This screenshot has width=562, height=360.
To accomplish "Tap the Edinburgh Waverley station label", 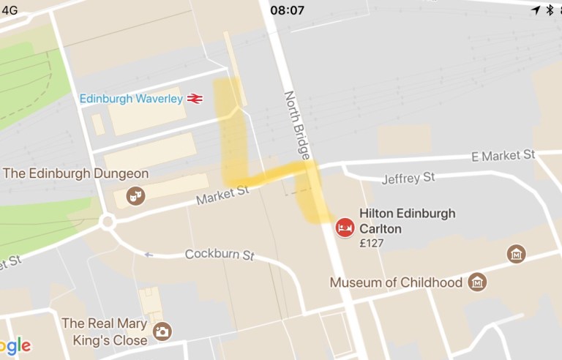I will (x=131, y=99).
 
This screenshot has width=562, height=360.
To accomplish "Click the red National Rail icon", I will (x=195, y=99).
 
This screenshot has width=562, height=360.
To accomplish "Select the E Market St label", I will (x=503, y=155).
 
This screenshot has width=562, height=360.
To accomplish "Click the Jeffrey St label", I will (x=408, y=178).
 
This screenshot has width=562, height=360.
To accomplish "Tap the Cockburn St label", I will (x=219, y=255).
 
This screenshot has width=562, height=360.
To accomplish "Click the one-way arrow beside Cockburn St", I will (x=149, y=255).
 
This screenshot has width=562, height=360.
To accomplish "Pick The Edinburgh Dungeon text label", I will (x=76, y=174).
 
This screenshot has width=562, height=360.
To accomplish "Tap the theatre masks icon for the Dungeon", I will (x=135, y=195).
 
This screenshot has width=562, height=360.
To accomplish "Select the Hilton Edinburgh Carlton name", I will (x=407, y=221).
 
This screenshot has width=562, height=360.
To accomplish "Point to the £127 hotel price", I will (x=372, y=244).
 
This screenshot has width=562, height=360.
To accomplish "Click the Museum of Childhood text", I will (x=396, y=282).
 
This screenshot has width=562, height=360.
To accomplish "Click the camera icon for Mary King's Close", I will (x=161, y=332).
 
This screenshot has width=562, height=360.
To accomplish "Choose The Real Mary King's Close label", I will (x=104, y=331).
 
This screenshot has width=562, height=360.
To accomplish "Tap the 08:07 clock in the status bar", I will (x=287, y=10).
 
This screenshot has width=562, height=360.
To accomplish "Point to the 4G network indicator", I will (x=10, y=10).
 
